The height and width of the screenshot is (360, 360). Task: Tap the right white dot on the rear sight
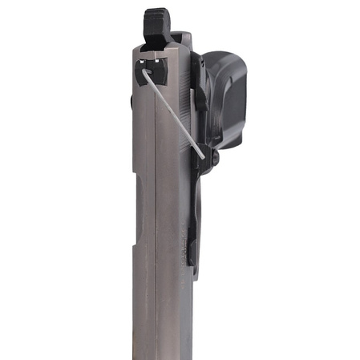(164, 63)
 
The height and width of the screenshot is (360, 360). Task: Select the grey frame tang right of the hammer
(183, 40)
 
